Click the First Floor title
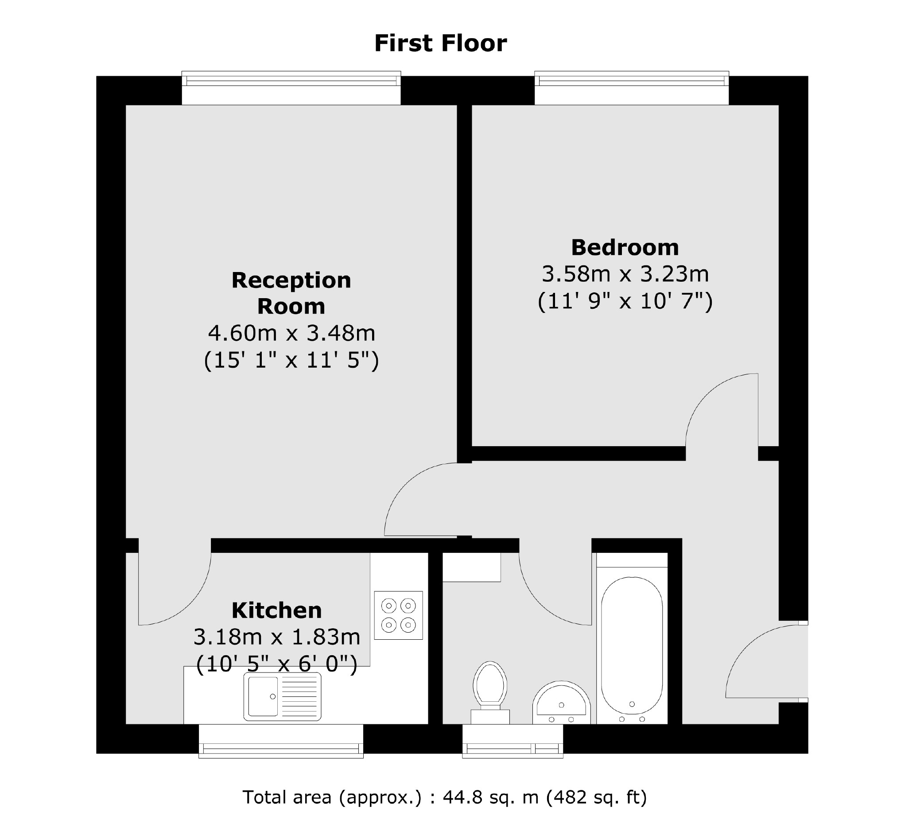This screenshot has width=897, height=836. point(440,43)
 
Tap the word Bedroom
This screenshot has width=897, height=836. point(625,247)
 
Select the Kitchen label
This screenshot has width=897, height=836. point(276,610)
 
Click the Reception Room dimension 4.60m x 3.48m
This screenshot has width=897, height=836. point(291,334)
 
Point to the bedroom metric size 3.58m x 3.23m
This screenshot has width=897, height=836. point(625,274)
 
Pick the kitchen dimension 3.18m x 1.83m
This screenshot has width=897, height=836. point(276,637)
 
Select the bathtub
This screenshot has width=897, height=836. point(632,645)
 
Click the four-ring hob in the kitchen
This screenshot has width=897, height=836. point(398,615)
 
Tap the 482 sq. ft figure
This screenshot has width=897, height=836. point(597,797)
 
